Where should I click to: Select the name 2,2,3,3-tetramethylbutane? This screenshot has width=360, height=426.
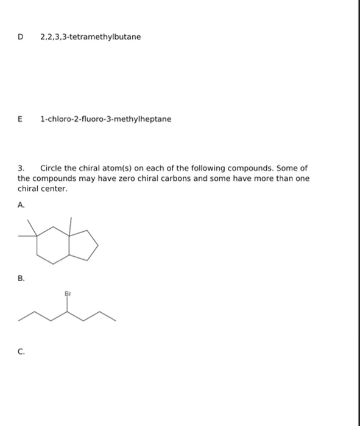90,37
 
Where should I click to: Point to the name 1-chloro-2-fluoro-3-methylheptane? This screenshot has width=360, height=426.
105,119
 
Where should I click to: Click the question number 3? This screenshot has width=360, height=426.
21,168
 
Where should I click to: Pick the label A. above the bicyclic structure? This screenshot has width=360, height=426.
21,206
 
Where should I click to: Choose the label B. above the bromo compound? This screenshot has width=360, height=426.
21,279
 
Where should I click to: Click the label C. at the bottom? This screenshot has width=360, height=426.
21,351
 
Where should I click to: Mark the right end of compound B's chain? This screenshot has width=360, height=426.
115,318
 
